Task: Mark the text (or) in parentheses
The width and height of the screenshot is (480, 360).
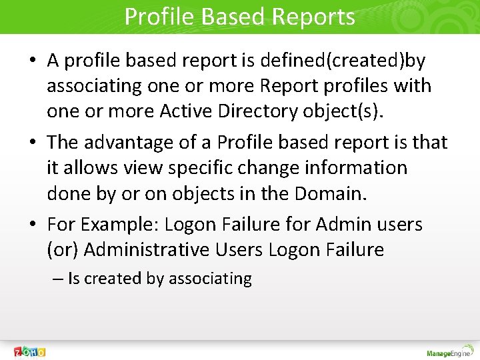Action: [63, 250]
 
